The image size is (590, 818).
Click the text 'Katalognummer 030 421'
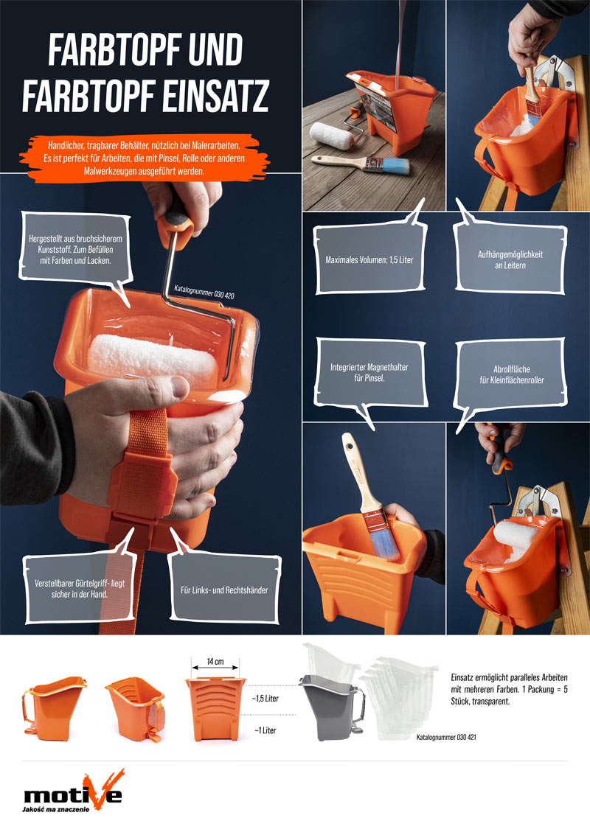(x=446, y=737)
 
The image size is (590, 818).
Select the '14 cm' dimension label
(x=215, y=662)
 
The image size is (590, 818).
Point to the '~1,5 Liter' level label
(x=265, y=699)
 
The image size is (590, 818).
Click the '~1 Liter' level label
(x=265, y=730)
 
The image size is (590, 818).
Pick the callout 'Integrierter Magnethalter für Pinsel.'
(x=369, y=373)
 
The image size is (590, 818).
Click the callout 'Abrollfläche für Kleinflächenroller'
(x=511, y=374)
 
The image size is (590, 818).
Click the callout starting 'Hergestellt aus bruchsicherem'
(x=76, y=249)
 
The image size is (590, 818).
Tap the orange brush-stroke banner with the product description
(x=144, y=158)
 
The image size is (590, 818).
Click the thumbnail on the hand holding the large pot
(x=180, y=387)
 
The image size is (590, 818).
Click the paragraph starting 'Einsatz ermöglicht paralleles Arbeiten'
(x=509, y=689)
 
